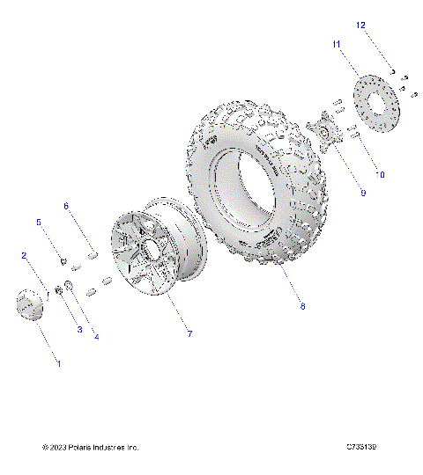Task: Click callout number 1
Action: [59, 363]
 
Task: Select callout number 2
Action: [26, 255]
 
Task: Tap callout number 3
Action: [78, 330]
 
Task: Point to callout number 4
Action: [96, 337]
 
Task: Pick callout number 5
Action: [38, 223]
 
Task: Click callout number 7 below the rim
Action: [188, 333]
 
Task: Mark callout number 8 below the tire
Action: [302, 307]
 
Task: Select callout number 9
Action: [338, 193]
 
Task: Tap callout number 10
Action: [380, 174]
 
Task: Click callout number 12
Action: [360, 26]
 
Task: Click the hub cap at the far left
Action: [29, 307]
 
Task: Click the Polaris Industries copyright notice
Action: [91, 448]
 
